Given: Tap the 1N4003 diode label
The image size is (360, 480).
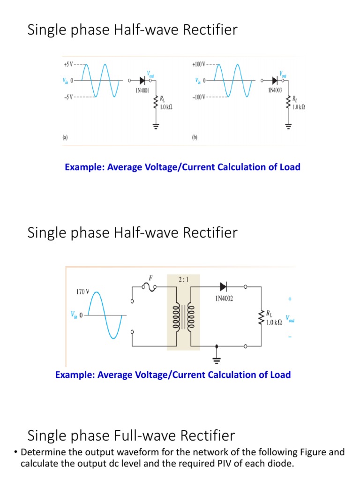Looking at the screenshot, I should pyautogui.click(x=275, y=90).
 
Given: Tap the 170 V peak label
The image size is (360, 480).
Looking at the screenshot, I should pyautogui.click(x=82, y=292).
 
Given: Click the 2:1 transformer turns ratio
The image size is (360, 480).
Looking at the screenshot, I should pyautogui.click(x=184, y=279).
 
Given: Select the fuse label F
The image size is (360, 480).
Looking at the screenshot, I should pyautogui.click(x=151, y=277).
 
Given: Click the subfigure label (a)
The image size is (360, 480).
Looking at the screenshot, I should pyautogui.click(x=66, y=138).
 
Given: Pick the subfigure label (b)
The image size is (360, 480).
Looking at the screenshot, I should pyautogui.click(x=195, y=138).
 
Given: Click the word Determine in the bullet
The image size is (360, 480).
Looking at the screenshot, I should pyautogui.click(x=42, y=452).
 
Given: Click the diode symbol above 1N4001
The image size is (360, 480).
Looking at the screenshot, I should pyautogui.click(x=142, y=80).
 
